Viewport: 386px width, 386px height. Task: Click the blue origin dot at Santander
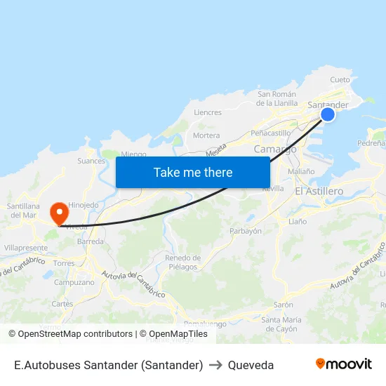327,114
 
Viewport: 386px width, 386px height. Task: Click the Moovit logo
343,364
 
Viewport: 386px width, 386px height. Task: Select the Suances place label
91,161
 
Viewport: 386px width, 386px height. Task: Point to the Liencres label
208,112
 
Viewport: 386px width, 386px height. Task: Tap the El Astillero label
319,191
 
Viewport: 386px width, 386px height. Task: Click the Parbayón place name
246,230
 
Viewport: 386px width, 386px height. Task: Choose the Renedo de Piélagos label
183,262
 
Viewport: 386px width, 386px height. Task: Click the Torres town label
64,263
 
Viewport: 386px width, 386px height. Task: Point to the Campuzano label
74,282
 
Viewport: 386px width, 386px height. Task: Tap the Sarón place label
283,305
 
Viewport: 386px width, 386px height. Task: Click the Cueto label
340,80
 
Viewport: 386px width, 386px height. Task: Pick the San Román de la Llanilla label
277,98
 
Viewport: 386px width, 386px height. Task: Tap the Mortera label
206,135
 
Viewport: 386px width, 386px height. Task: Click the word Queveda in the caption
251,365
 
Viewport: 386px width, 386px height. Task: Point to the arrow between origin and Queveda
215,365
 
